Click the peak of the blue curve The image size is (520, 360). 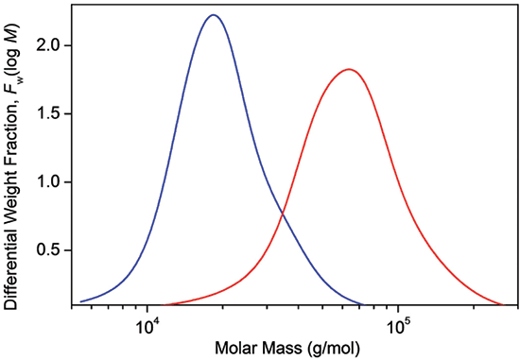pyautogui.click(x=213, y=15)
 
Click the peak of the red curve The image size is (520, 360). pyautogui.click(x=349, y=69)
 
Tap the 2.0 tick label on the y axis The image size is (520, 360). pyautogui.click(x=53, y=45)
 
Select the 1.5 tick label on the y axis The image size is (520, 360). pyautogui.click(x=53, y=113)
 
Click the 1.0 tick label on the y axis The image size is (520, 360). pyautogui.click(x=53, y=181)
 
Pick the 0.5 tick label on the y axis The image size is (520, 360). pyautogui.click(x=53, y=250)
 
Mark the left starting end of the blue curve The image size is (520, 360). pyautogui.click(x=82, y=300)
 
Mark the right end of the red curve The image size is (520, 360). pyautogui.click(x=502, y=304)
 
